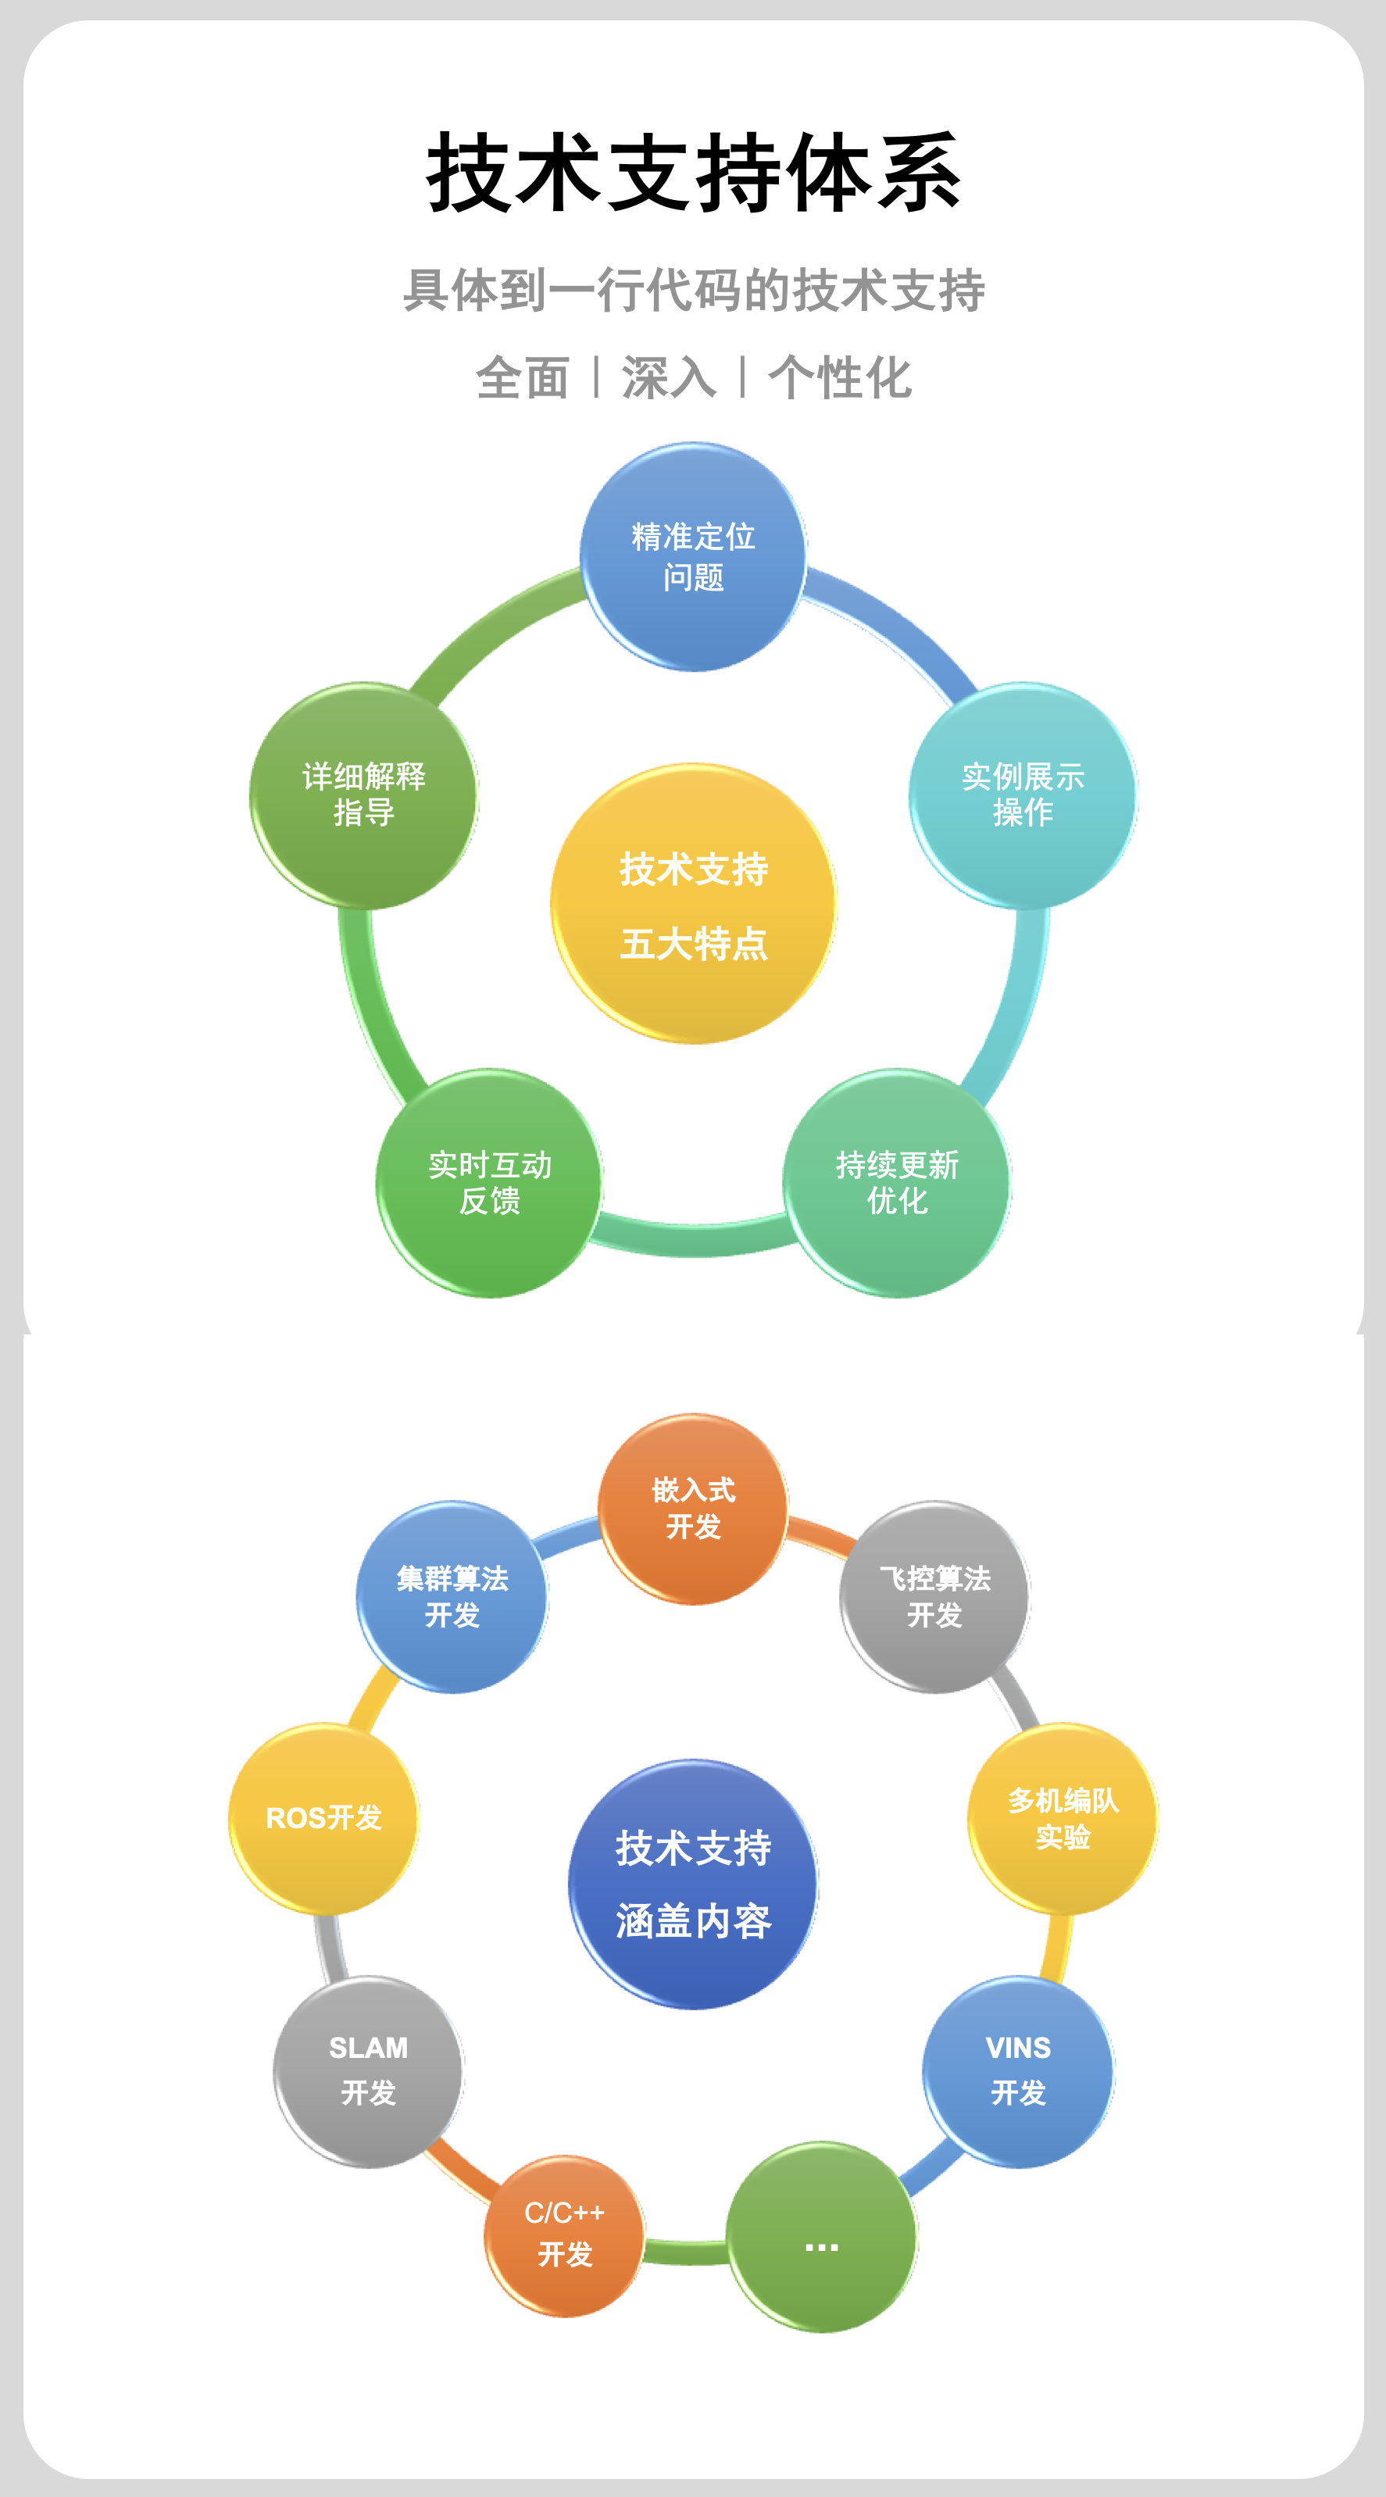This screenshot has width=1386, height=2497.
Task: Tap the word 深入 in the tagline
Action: click(x=669, y=377)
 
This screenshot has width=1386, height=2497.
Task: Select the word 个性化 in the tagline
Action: click(x=839, y=377)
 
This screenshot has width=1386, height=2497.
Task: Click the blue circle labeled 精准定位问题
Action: click(x=693, y=556)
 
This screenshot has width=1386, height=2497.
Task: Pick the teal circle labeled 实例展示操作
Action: click(x=1023, y=795)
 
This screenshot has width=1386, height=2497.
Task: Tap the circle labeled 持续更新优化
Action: click(x=897, y=1183)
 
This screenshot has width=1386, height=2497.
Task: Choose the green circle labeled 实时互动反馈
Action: click(x=489, y=1183)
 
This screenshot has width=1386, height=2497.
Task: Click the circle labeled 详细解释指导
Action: click(x=363, y=795)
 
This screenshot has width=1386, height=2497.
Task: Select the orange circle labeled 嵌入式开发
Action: click(x=693, y=1509)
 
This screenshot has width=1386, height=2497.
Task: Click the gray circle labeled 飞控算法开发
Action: click(x=934, y=1596)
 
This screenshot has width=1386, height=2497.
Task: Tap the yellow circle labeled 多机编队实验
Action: click(x=1063, y=1819)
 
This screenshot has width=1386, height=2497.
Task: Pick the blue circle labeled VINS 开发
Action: click(x=1018, y=2070)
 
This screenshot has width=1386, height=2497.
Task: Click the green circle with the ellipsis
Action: click(x=822, y=2236)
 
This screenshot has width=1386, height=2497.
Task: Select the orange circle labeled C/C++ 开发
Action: click(x=564, y=2234)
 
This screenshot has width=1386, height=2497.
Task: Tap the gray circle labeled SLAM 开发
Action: click(x=368, y=2070)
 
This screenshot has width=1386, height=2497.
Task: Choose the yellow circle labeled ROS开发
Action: click(x=323, y=1819)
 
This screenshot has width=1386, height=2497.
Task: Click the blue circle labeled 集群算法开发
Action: click(x=452, y=1596)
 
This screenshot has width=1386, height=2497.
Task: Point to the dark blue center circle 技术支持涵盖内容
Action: click(x=693, y=1884)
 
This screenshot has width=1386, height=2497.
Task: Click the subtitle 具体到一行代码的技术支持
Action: click(x=693, y=291)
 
